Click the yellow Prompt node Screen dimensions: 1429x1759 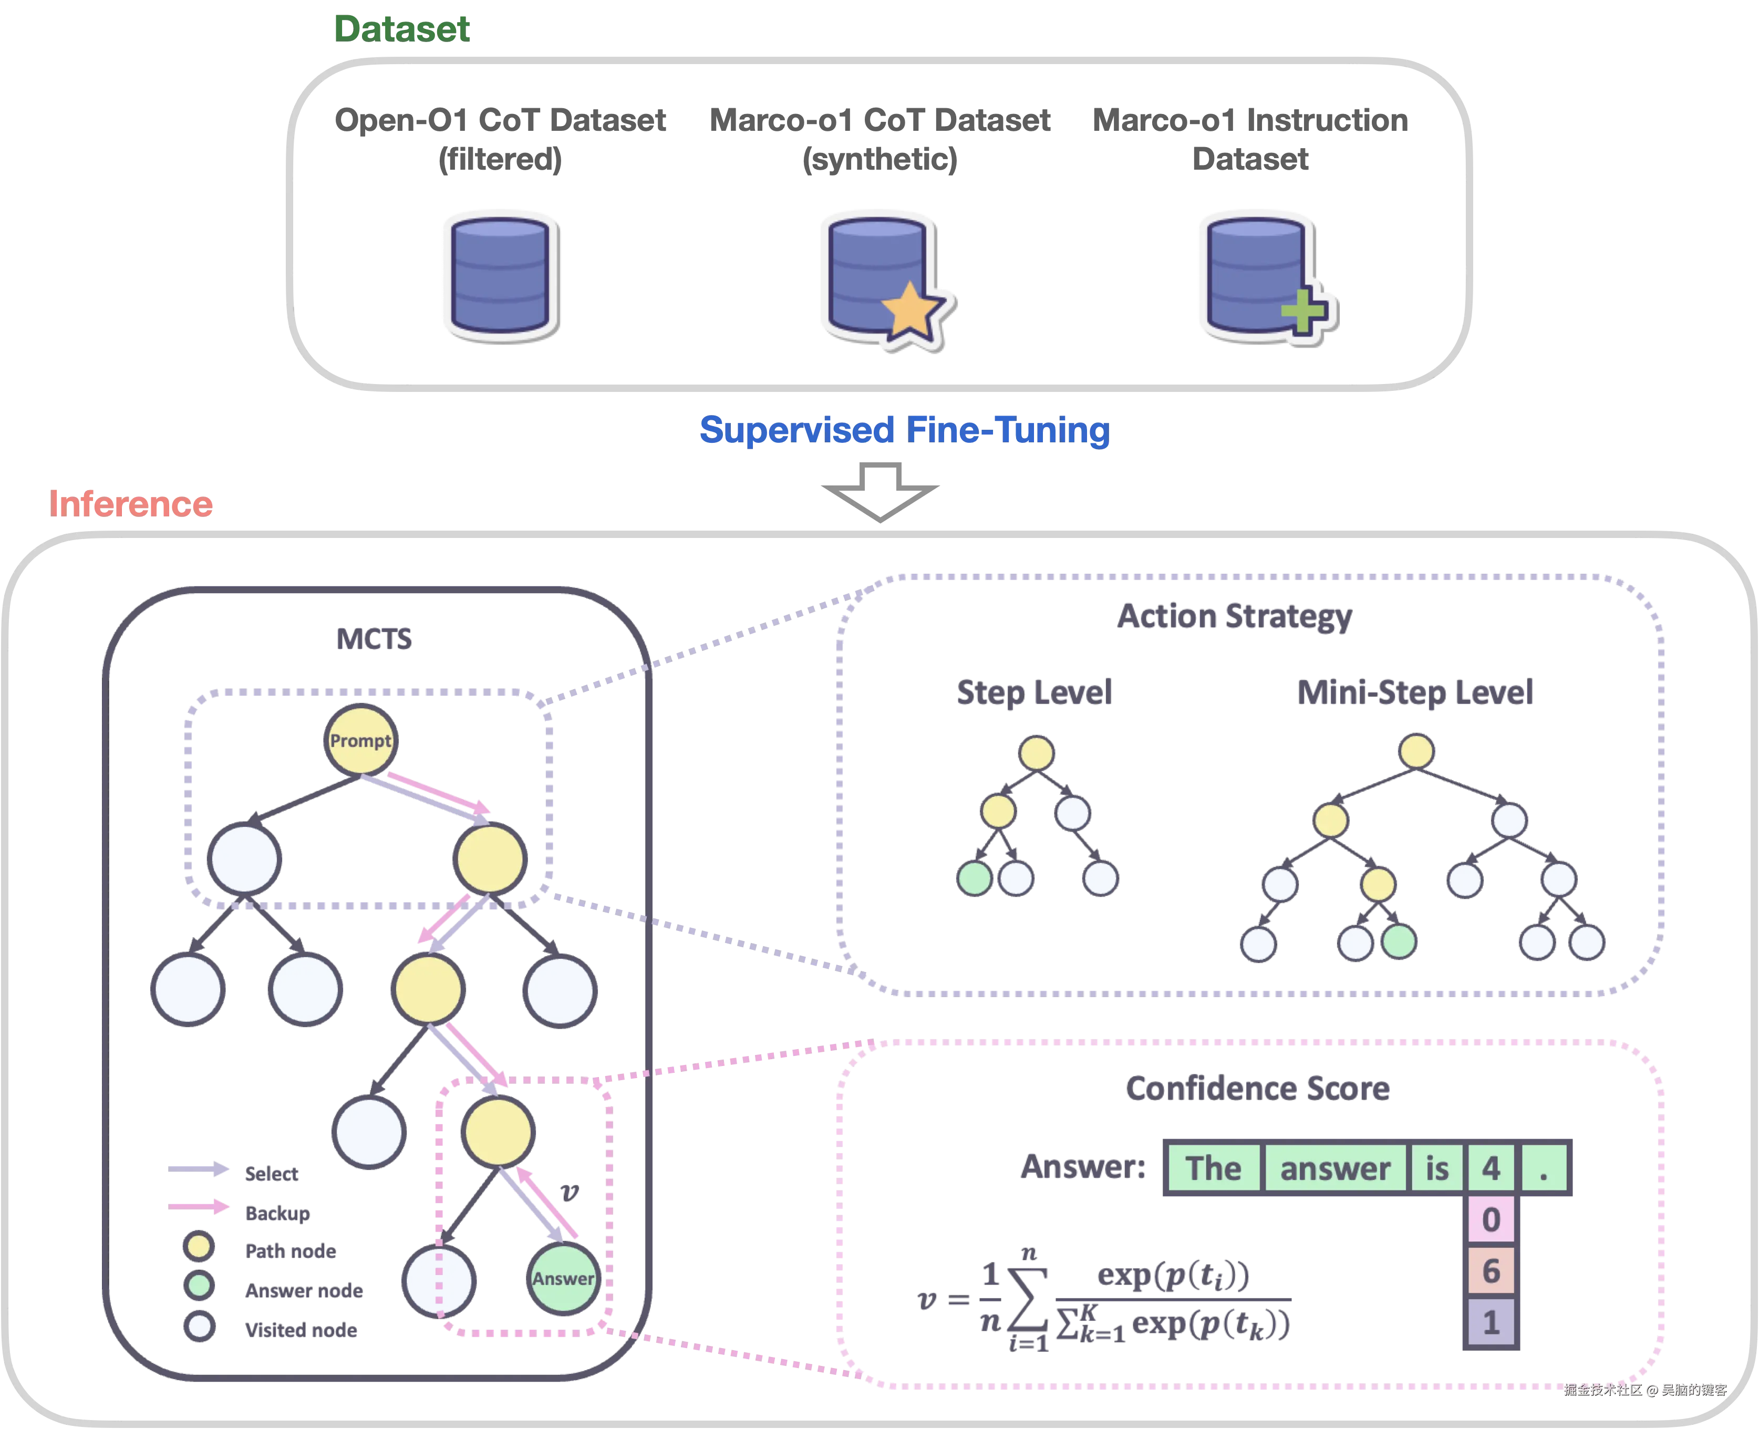(360, 740)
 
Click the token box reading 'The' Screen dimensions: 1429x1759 (1213, 1168)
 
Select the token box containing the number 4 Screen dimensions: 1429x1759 (1491, 1168)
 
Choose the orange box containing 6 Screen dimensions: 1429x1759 (1491, 1271)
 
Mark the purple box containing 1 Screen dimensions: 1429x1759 (1491, 1322)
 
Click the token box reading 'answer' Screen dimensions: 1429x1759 (1335, 1168)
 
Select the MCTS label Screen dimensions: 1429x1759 (375, 639)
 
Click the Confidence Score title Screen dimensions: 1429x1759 (1258, 1088)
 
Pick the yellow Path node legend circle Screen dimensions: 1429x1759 (199, 1247)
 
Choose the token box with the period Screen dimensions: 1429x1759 (1544, 1168)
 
